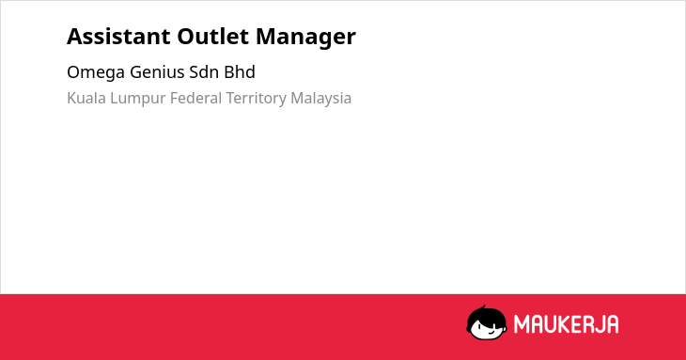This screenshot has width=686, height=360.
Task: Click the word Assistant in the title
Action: (118, 37)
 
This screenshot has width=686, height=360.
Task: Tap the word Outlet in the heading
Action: (213, 37)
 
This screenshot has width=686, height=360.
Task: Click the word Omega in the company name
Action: (95, 73)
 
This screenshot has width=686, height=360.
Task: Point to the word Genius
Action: (157, 72)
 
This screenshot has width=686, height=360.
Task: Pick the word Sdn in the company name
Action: (204, 72)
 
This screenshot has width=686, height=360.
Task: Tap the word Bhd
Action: (240, 72)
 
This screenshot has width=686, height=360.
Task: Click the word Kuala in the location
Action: (86, 98)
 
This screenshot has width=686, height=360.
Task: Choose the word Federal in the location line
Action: (196, 98)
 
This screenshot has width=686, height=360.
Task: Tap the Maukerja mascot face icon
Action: (487, 323)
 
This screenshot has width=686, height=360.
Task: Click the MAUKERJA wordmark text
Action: (566, 324)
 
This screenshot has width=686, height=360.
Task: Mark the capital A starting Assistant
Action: (74, 37)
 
